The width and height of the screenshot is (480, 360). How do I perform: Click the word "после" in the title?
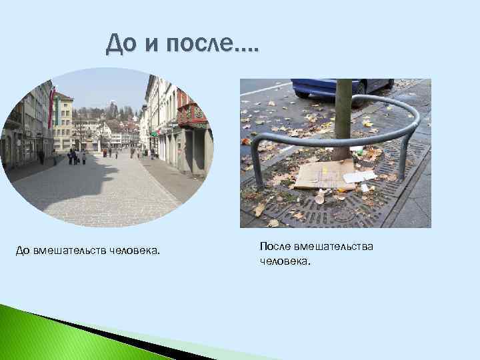tap(200, 45)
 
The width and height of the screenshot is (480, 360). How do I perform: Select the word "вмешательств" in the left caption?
tap(71, 251)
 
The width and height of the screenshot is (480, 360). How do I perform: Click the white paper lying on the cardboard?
tap(361, 177)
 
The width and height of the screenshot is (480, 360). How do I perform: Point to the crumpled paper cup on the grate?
tap(321, 198)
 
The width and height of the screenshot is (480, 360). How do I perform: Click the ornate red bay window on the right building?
tap(193, 115)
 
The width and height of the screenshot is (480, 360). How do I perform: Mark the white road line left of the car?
tap(266, 88)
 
